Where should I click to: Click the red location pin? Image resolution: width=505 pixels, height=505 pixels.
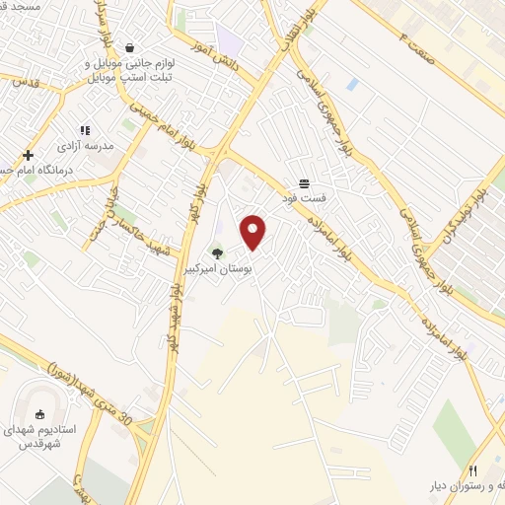[254, 232]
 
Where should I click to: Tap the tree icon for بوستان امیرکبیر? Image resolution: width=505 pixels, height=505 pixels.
[217, 254]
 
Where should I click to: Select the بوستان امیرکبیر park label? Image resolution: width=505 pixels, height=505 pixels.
[214, 268]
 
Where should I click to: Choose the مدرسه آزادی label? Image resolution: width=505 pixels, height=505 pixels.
[87, 145]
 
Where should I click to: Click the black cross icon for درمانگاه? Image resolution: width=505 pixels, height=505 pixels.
[29, 155]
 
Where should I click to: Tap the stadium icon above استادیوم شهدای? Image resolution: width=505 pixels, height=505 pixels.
[40, 415]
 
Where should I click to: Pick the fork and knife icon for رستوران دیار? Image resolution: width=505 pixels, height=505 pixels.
[472, 470]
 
